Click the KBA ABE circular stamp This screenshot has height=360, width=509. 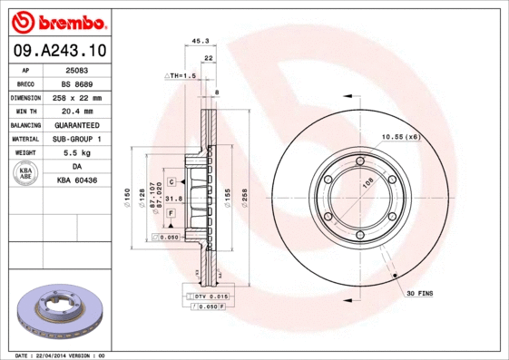(26, 174)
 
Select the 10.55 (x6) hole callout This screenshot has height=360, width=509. (399, 136)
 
